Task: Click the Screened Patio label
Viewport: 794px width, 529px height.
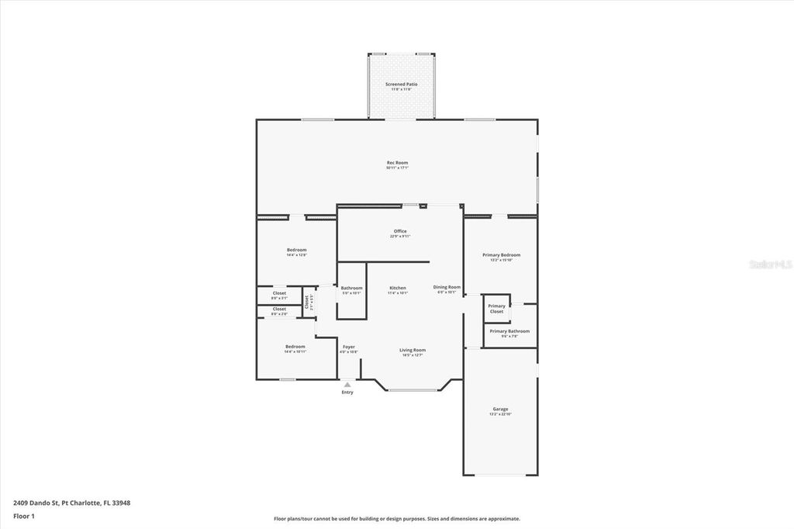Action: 402,84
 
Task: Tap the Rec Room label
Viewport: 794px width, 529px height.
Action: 398,163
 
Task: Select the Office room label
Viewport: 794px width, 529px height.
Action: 400,231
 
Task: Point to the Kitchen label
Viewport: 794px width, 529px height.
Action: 398,288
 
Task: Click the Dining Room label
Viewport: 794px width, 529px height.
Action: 447,287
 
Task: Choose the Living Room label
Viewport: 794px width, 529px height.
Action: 413,350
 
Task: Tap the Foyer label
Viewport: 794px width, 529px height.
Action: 349,347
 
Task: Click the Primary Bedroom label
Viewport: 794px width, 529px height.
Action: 501,255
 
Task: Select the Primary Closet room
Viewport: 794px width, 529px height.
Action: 496,308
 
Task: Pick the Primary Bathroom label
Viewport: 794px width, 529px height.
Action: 509,331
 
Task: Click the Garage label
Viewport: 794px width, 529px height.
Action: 501,409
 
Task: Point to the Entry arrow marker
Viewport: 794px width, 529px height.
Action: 347,383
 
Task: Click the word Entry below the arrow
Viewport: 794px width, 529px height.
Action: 347,392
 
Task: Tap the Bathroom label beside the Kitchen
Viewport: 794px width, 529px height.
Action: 351,288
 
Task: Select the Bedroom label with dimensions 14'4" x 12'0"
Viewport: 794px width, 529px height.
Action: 296,250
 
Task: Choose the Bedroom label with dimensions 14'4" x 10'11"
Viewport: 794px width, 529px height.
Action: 295,347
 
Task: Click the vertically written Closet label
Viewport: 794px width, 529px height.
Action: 307,302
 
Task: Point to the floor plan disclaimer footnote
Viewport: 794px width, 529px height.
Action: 397,519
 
